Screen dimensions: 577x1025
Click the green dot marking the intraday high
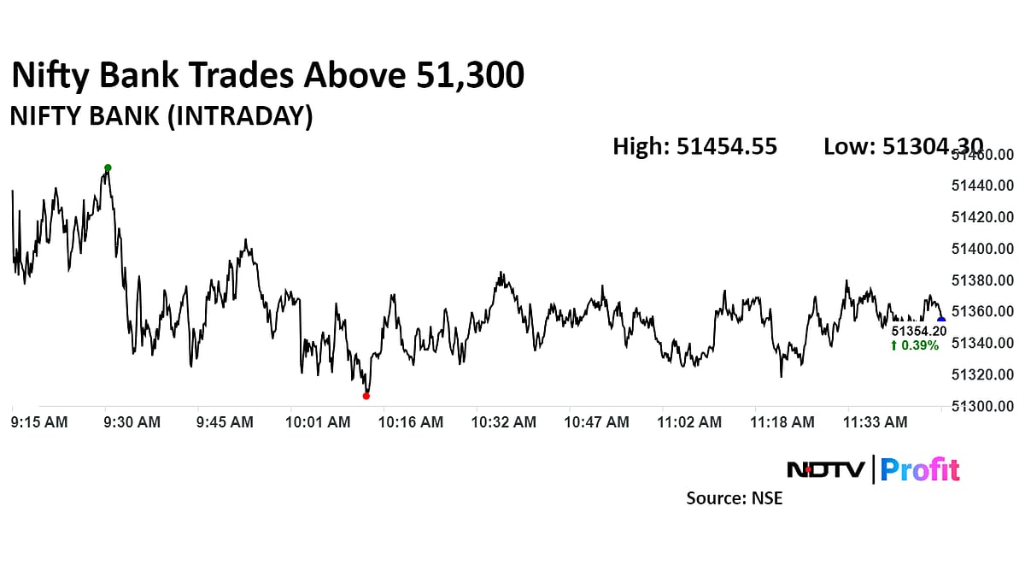pos(108,168)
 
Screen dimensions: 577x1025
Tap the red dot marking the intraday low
pos(366,396)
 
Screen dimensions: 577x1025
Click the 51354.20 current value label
pos(919,331)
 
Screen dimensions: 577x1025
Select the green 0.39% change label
pos(914,345)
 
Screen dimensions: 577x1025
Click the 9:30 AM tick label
pos(132,422)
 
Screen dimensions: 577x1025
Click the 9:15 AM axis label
pos(39,422)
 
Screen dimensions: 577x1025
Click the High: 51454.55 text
pos(694,147)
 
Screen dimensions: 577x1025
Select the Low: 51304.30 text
pos(903,147)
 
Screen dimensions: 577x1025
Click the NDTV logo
pos(825,469)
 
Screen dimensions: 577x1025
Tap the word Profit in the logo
pos(920,469)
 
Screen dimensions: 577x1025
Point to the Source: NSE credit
pos(734,498)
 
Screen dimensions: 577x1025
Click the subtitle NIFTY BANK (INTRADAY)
pos(161,117)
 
